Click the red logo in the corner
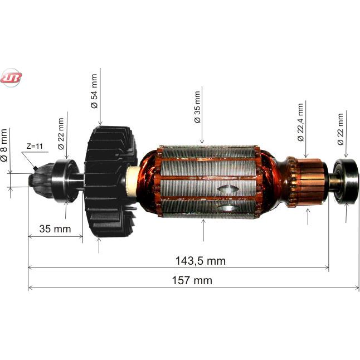point(11,77)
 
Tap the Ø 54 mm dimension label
point(94,91)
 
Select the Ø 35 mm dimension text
point(197,107)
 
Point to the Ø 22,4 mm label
point(300,122)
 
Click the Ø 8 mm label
point(4,145)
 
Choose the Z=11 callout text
point(35,146)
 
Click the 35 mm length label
point(55,228)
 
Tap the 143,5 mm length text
point(201,261)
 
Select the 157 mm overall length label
point(192,280)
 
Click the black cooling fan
point(110,181)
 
